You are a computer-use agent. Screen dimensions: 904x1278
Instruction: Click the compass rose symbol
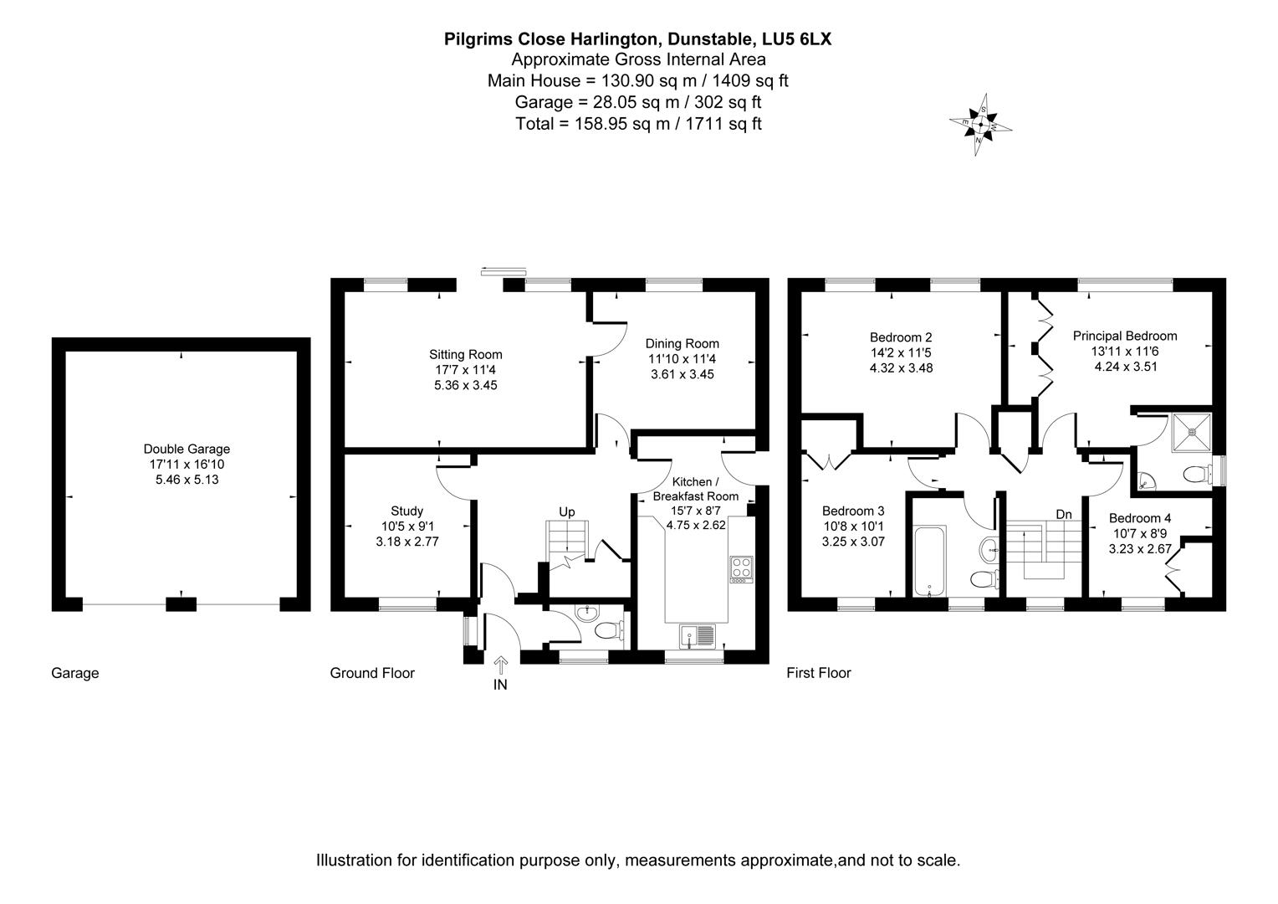(x=980, y=126)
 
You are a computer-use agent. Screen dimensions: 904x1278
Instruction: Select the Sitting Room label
(x=466, y=355)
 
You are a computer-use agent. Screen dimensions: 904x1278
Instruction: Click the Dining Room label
(x=682, y=344)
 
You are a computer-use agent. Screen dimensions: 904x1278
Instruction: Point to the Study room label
(x=406, y=511)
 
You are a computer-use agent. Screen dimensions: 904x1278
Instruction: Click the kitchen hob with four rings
(x=741, y=569)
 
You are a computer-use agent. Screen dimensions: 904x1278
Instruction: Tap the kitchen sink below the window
(x=697, y=635)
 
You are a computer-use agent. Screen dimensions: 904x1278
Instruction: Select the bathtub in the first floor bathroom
(x=929, y=560)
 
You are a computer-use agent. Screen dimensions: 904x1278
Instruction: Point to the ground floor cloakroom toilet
(x=610, y=630)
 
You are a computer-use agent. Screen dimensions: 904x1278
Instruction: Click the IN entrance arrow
(x=500, y=667)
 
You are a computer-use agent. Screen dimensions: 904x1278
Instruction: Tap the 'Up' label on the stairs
(x=567, y=512)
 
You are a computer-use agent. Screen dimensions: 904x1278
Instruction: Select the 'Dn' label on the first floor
(x=1063, y=514)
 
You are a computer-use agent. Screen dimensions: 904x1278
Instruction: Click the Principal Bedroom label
(x=1125, y=336)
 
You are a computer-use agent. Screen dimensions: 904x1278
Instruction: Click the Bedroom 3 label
(x=853, y=511)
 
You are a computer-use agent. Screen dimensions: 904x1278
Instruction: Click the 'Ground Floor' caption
(x=372, y=673)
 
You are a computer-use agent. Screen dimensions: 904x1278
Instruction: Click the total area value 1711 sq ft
(x=723, y=124)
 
